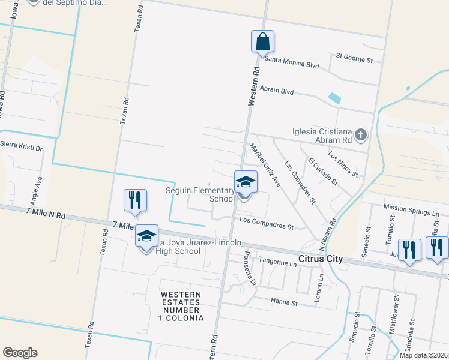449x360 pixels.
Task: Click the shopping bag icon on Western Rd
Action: click(262, 42)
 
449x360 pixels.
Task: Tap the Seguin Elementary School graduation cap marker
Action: click(244, 182)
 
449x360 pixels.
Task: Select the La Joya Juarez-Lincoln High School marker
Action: click(146, 236)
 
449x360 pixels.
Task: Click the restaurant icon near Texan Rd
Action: click(135, 200)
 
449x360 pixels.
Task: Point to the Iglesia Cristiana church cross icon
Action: click(360, 134)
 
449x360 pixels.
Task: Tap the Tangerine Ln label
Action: click(277, 262)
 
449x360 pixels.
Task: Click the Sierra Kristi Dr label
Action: click(22, 145)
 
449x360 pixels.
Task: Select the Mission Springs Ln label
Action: click(414, 212)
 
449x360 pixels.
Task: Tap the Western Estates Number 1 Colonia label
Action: click(182, 305)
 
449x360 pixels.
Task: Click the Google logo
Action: click(20, 353)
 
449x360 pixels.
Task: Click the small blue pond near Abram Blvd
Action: click(334, 98)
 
